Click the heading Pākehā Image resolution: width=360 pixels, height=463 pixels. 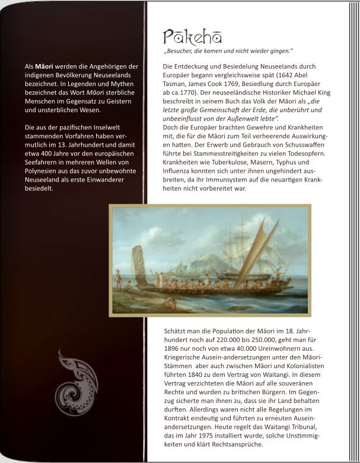(192, 37)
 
